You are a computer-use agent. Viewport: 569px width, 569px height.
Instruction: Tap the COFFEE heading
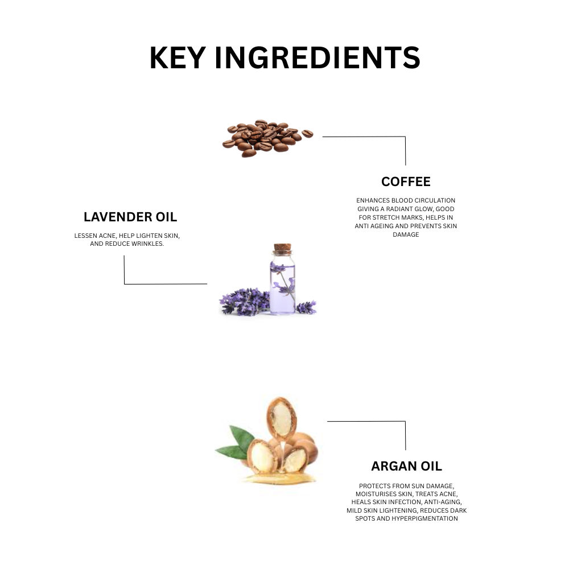(x=406, y=182)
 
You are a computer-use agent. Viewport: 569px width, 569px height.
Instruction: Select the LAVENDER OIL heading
(x=130, y=217)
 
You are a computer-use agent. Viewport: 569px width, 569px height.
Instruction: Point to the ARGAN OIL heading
(x=406, y=467)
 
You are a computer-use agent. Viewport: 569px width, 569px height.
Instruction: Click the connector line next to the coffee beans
(x=364, y=137)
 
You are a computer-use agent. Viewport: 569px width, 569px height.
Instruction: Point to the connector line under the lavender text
(x=165, y=283)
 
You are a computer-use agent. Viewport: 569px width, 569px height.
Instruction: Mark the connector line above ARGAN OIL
(x=367, y=422)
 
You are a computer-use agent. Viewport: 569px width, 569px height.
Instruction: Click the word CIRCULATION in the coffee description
(x=434, y=200)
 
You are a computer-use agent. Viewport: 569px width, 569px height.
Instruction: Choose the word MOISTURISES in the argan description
(x=377, y=494)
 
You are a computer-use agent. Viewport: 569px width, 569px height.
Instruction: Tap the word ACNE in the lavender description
(x=107, y=235)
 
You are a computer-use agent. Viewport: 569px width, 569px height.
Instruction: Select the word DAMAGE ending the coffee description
(x=406, y=234)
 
